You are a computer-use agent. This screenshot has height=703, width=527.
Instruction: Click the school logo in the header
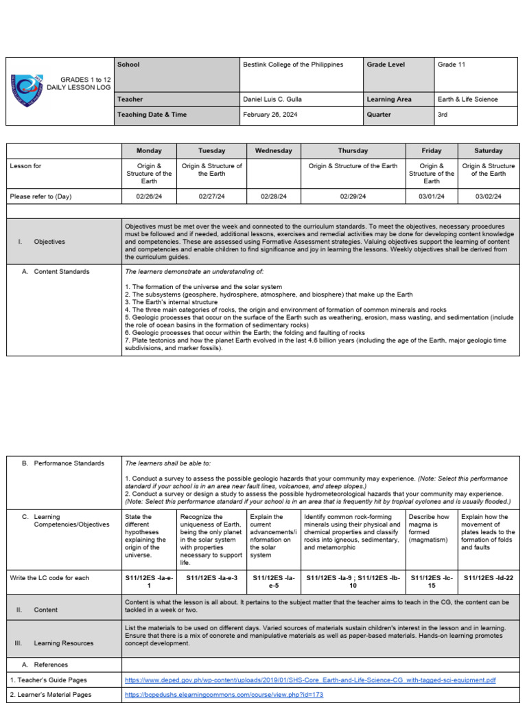click(x=28, y=91)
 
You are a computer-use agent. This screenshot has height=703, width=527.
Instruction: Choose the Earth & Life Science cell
click(x=468, y=100)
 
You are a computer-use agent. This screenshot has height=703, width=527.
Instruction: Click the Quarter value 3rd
click(x=442, y=115)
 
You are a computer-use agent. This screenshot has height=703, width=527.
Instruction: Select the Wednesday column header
click(x=273, y=151)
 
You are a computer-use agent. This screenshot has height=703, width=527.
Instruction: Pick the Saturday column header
click(x=488, y=151)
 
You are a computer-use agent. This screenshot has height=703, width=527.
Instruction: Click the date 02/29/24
click(x=353, y=196)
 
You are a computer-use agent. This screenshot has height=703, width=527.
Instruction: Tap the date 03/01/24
click(x=432, y=196)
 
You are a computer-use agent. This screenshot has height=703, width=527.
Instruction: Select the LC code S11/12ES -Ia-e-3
click(x=211, y=578)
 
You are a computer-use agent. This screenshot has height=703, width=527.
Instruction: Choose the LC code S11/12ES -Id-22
click(x=488, y=578)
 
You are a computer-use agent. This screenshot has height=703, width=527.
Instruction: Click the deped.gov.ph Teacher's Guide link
click(x=310, y=680)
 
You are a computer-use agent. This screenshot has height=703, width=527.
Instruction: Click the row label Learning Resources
click(x=64, y=643)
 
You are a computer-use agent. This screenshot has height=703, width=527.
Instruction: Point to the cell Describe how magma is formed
click(x=432, y=529)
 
